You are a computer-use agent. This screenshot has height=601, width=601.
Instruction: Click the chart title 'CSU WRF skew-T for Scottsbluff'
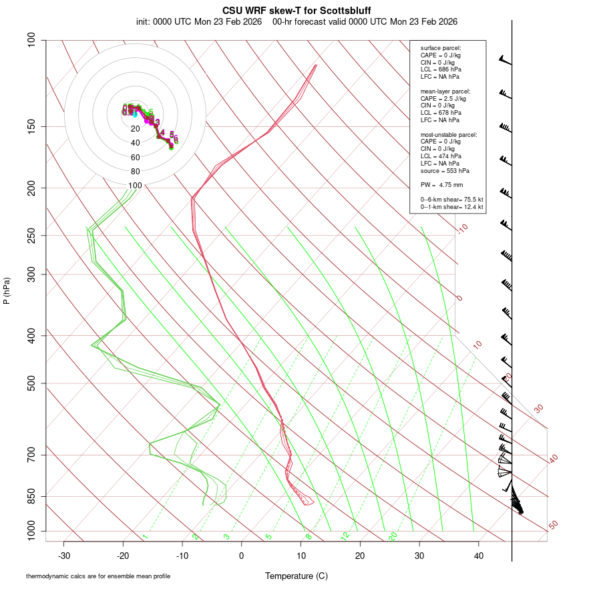pyautogui.click(x=296, y=11)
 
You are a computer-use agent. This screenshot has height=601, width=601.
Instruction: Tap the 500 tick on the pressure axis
pyautogui.click(x=31, y=383)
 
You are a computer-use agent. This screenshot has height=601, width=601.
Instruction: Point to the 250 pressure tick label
pyautogui.click(x=31, y=235)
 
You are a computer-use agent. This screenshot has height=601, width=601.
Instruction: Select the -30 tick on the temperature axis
pyautogui.click(x=64, y=556)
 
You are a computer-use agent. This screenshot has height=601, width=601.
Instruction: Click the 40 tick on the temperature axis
pyautogui.click(x=478, y=556)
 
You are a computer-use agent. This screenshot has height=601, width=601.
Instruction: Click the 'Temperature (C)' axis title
pyautogui.click(x=296, y=576)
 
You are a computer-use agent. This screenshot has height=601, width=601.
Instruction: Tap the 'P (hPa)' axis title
pyautogui.click(x=7, y=291)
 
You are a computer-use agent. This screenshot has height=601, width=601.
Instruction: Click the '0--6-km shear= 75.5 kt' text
pyautogui.click(x=451, y=199)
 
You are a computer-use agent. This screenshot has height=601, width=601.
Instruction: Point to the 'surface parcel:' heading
pyautogui.click(x=441, y=48)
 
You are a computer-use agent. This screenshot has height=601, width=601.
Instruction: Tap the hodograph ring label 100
pyautogui.click(x=136, y=186)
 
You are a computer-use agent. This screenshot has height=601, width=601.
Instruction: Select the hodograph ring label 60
pyautogui.click(x=136, y=158)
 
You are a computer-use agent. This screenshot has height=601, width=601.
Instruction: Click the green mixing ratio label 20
pyautogui.click(x=393, y=536)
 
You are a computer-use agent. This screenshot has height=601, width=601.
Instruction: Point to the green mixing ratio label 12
pyautogui.click(x=345, y=536)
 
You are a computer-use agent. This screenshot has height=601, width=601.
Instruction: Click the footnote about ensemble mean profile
pyautogui.click(x=98, y=576)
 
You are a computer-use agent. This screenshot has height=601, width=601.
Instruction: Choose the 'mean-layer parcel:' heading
pyautogui.click(x=445, y=91)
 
